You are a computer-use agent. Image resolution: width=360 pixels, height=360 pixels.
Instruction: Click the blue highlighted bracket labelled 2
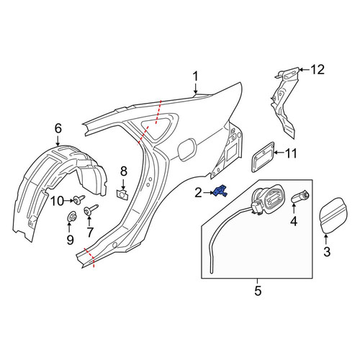tap(220, 192)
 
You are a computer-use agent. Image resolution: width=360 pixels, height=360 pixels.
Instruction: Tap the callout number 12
tap(318, 70)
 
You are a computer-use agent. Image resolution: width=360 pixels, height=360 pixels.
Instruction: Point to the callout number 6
tap(58, 128)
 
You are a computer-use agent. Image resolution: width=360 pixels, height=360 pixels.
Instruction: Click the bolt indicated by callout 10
tap(78, 199)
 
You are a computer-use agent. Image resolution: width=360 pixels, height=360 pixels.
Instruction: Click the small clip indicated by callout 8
tap(122, 194)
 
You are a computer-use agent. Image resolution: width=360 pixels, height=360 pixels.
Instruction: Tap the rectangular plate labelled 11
tap(263, 157)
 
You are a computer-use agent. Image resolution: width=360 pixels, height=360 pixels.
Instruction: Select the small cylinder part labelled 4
tap(300, 196)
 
